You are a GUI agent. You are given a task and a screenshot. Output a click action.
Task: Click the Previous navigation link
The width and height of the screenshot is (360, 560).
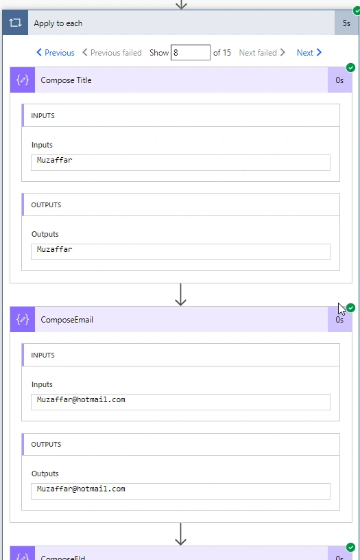[56, 52]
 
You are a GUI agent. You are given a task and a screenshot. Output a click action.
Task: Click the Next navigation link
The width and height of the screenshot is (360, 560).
[309, 52]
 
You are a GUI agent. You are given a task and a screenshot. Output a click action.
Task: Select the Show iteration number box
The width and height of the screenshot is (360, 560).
[191, 52]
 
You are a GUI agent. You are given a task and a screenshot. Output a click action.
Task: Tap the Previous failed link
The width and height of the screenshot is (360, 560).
[112, 52]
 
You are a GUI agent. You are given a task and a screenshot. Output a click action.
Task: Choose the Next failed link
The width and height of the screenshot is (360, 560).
[262, 52]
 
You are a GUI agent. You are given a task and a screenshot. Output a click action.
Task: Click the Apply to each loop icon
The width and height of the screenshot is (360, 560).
[15, 23]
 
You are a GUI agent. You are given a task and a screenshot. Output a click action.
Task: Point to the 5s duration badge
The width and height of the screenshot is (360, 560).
[346, 23]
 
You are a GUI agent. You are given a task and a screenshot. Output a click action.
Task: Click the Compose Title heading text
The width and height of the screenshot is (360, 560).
[66, 80]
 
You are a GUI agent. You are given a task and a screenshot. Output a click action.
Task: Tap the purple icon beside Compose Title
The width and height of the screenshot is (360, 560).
[23, 80]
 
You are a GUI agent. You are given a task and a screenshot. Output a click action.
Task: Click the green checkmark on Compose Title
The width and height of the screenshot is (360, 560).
[350, 67]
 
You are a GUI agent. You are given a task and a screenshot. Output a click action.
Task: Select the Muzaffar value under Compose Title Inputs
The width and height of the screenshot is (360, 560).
[55, 160]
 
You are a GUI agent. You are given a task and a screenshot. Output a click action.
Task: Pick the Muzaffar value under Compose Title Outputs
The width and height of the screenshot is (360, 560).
[55, 249]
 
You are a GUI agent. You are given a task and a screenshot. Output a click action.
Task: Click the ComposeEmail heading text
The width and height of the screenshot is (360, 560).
[67, 320]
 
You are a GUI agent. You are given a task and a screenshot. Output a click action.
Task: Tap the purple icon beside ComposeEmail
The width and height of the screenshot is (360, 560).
[23, 319]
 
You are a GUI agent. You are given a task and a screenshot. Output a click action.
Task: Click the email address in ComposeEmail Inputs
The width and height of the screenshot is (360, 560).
[81, 399]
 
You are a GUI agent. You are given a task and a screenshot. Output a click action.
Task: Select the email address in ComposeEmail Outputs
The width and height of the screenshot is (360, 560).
[81, 489]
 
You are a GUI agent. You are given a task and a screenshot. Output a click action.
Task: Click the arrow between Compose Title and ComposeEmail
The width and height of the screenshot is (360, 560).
[181, 294]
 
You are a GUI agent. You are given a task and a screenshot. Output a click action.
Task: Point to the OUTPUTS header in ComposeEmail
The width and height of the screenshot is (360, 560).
[46, 444]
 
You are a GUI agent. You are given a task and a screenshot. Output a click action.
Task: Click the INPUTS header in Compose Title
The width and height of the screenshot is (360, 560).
[43, 115]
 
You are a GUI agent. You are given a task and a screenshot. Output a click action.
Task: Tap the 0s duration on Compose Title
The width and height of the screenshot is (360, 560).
[339, 80]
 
